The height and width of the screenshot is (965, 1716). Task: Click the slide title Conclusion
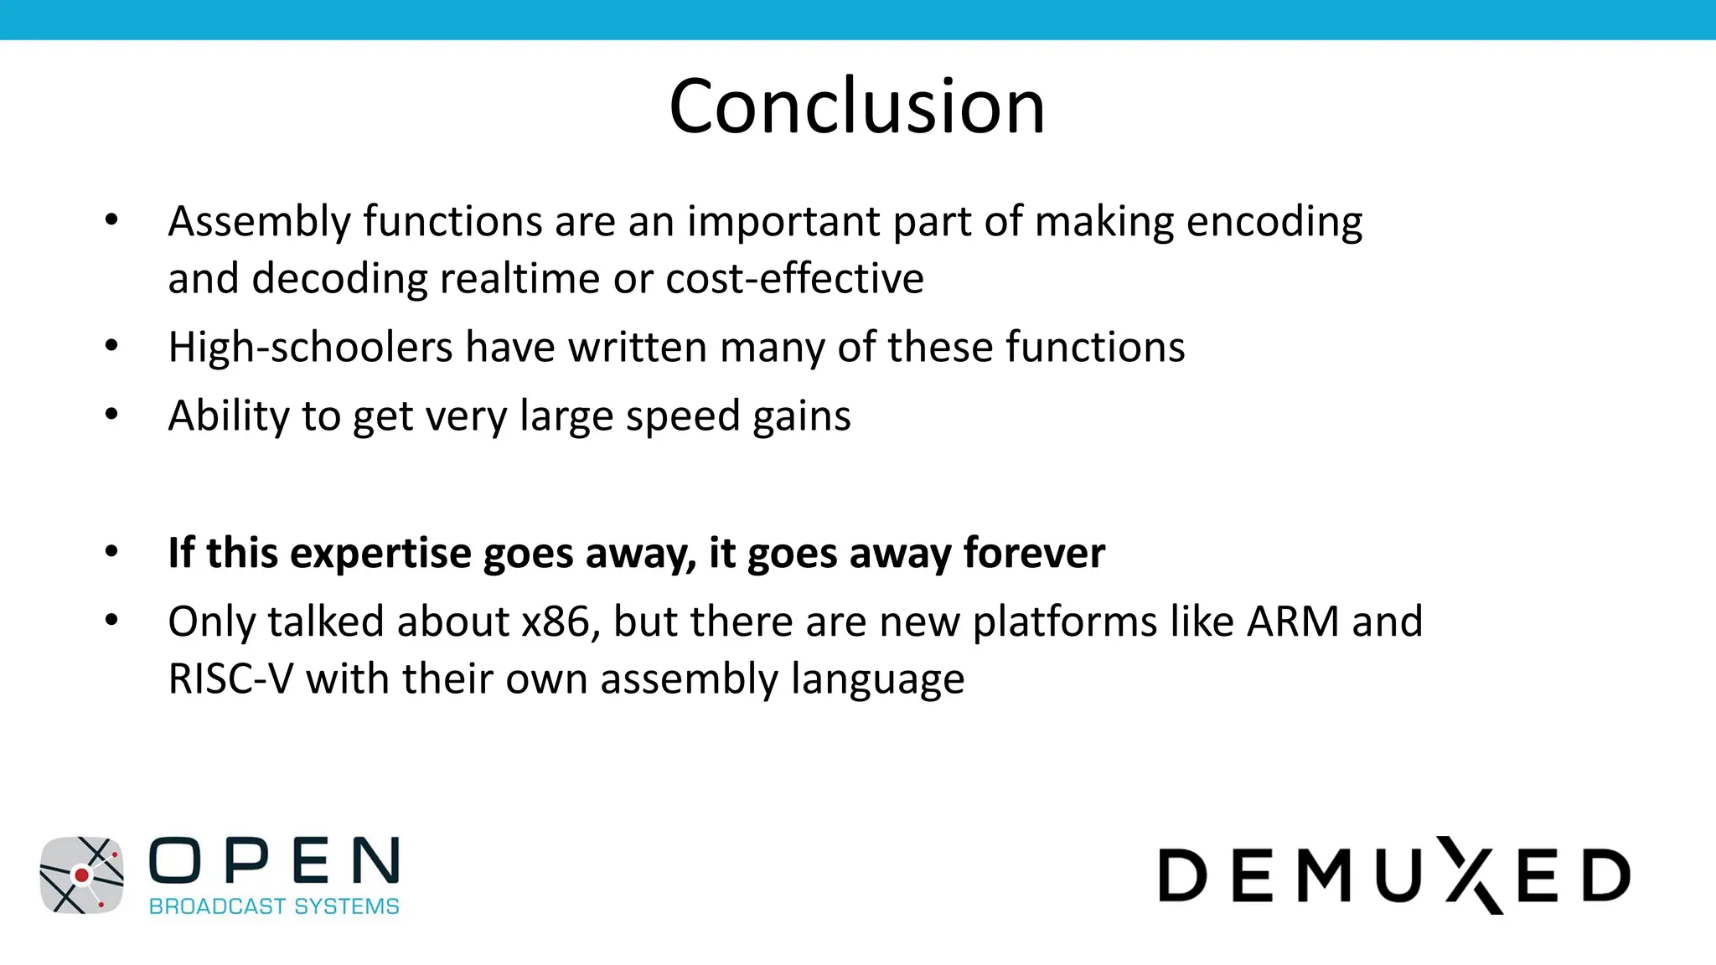[857, 106]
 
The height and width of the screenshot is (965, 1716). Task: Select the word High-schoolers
[310, 347]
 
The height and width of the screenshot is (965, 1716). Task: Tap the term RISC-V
[230, 679]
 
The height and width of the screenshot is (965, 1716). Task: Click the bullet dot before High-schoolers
[111, 345]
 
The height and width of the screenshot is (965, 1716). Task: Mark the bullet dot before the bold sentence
[111, 551]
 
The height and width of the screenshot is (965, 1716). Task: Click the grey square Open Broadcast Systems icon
[81, 875]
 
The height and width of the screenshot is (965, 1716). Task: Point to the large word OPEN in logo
[274, 860]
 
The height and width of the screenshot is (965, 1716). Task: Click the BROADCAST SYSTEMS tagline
[274, 906]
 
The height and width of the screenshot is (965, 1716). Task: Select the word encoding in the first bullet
[1274, 222]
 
